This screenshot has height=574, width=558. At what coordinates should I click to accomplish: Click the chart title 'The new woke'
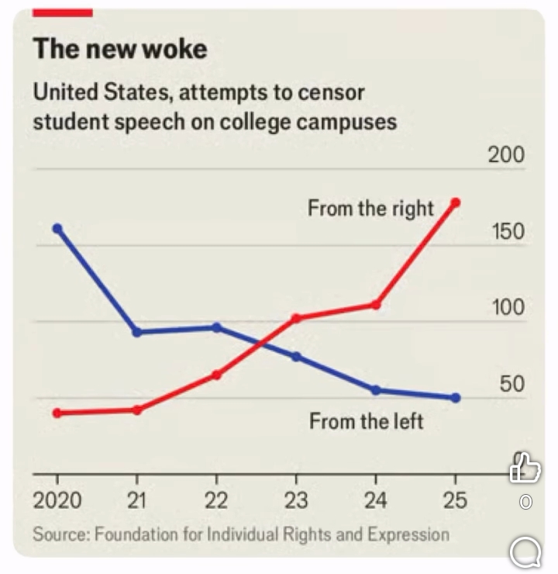120,49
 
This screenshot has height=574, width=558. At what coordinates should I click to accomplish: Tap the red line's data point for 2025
456,202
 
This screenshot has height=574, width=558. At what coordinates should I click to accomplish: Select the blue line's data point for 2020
57,228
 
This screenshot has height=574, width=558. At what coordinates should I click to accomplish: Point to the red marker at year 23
296,318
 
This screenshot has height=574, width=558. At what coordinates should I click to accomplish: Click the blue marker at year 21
137,332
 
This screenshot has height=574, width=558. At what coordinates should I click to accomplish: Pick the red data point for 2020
57,413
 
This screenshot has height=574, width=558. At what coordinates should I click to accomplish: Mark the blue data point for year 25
456,398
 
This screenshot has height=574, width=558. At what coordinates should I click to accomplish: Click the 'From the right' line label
370,209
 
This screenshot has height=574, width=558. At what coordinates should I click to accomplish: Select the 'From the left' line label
367,421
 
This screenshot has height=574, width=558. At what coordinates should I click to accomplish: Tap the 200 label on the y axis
506,155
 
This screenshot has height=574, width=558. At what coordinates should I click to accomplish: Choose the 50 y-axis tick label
511,385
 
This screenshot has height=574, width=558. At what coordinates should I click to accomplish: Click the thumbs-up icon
525,468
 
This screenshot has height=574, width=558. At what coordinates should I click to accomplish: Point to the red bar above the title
63,12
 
